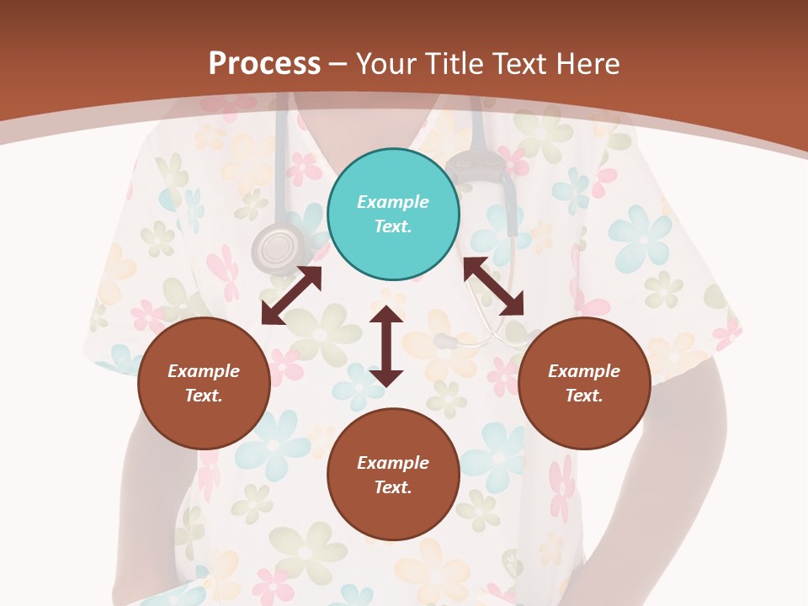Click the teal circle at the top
[x=393, y=215]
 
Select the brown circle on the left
[x=204, y=384]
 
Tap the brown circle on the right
[x=584, y=384]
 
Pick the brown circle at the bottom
[x=393, y=475]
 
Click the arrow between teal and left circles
[x=291, y=295]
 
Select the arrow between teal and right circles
[x=493, y=286]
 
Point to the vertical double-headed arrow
[x=386, y=346]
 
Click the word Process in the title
[x=264, y=64]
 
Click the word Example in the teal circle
[x=393, y=202]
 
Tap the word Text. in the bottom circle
[x=393, y=487]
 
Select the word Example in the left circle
[x=204, y=371]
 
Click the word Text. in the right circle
[x=584, y=396]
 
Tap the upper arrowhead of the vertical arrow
[x=386, y=316]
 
